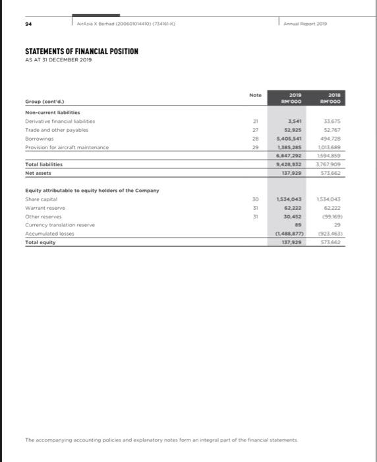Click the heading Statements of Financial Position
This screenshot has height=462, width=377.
tap(81, 51)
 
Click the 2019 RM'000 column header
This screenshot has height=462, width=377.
tap(290, 98)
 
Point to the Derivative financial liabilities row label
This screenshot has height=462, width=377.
tap(60, 121)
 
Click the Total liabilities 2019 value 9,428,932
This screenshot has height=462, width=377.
tap(289, 164)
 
